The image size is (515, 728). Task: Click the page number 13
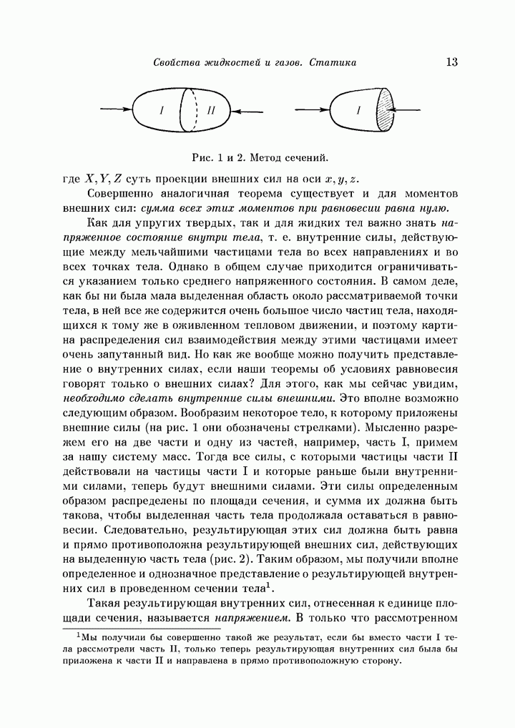point(451,62)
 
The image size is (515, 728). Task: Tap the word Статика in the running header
point(333,63)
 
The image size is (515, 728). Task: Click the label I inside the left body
point(162,111)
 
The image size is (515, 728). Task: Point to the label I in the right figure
point(358,111)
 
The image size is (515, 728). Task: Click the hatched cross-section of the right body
point(386,110)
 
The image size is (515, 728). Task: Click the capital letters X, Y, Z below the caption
point(104,178)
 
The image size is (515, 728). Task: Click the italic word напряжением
point(259,617)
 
